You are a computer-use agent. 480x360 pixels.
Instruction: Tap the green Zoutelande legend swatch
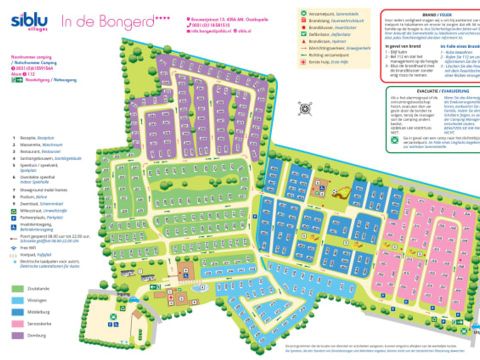19,288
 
